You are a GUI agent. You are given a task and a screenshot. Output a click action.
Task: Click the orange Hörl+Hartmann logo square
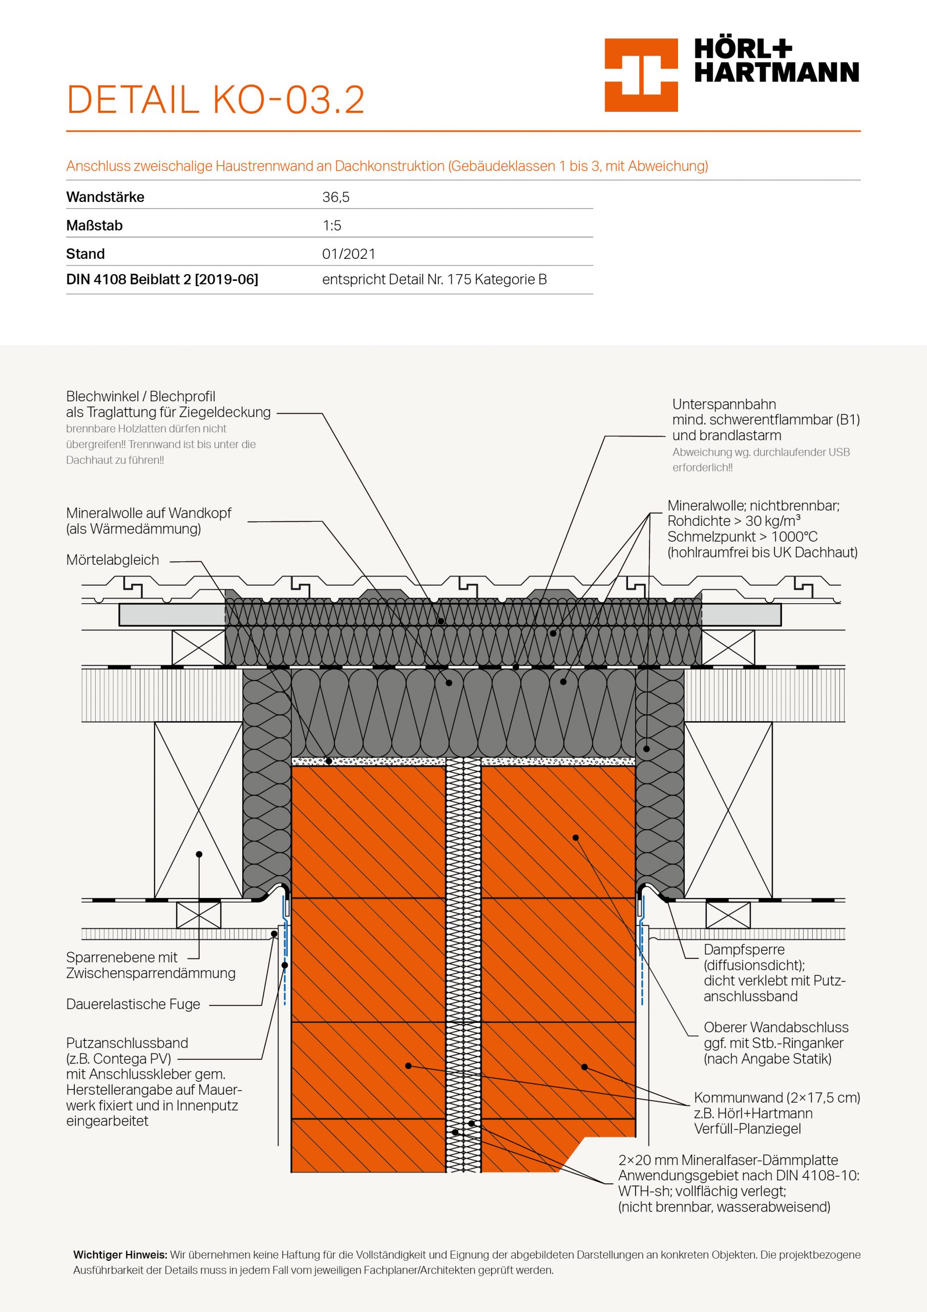(x=641, y=75)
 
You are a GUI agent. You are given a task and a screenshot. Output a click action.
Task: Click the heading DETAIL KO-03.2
(x=215, y=100)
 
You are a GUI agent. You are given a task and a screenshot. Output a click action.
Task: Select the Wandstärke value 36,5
(x=336, y=197)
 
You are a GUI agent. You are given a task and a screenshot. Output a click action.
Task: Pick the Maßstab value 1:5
(x=332, y=225)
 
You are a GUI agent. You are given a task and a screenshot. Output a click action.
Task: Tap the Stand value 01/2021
(x=348, y=254)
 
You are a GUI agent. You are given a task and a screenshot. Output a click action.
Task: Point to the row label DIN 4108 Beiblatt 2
(x=162, y=279)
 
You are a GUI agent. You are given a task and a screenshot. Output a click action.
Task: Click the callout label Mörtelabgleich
(x=113, y=560)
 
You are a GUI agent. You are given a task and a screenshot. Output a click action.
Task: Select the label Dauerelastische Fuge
(x=133, y=1004)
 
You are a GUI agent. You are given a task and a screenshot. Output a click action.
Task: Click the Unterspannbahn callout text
(x=724, y=404)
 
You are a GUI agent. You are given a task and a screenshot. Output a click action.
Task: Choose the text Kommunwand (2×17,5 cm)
(x=777, y=1097)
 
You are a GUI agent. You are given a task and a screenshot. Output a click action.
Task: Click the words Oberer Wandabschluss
(x=775, y=1027)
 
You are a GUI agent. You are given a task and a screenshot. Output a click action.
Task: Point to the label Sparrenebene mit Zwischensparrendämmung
(x=150, y=965)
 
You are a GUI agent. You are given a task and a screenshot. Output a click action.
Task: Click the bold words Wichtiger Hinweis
(x=120, y=1255)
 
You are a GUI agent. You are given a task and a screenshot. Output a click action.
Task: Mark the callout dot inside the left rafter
(x=199, y=854)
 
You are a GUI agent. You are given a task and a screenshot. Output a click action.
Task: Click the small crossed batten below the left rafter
(x=199, y=915)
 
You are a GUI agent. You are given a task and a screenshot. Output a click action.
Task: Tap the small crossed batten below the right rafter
(x=728, y=915)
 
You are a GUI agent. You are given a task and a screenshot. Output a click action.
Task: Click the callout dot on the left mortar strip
(x=329, y=761)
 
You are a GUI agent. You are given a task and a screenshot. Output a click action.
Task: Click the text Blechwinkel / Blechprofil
(x=140, y=397)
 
